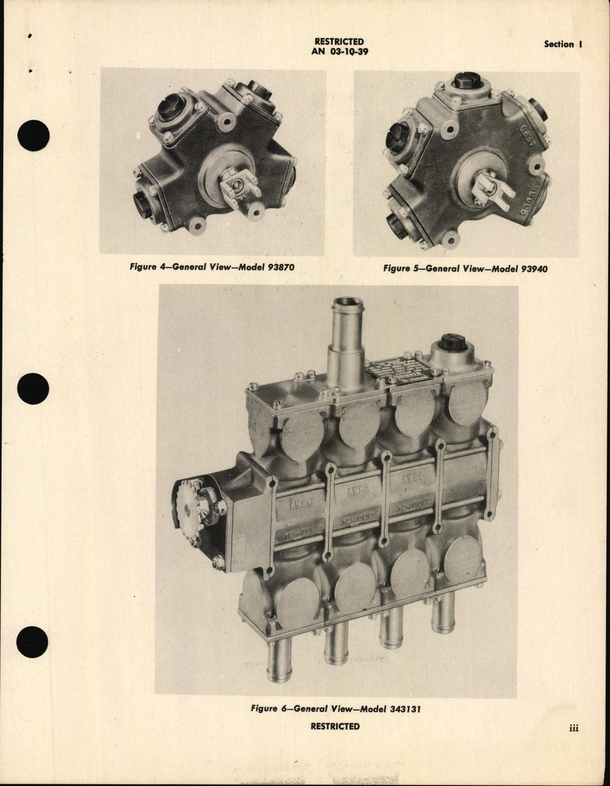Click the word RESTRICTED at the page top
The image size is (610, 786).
click(x=339, y=42)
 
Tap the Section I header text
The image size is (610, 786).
click(x=563, y=44)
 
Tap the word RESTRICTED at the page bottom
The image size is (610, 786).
click(x=335, y=726)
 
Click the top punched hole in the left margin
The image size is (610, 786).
click(x=33, y=133)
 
